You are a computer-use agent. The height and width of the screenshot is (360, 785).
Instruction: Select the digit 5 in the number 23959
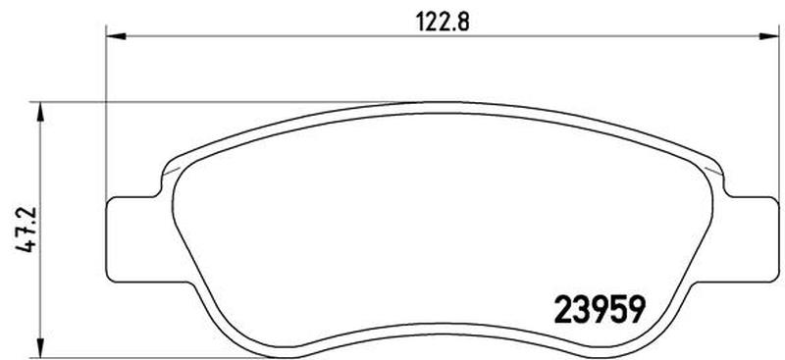point(613,312)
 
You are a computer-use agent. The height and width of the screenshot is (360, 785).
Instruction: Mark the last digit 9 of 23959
point(635,312)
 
